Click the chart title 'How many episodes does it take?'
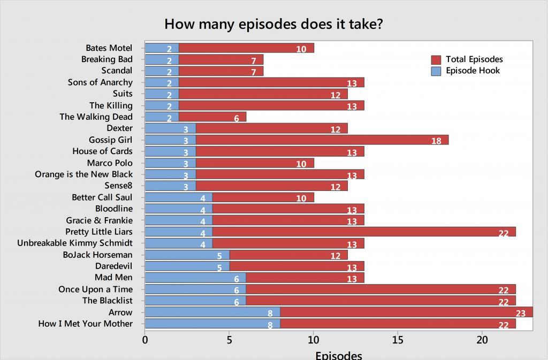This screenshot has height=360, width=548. click(273, 24)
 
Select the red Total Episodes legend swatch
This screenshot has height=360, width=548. click(436, 59)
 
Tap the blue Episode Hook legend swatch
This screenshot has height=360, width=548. click(436, 71)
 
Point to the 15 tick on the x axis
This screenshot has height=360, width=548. click(398, 339)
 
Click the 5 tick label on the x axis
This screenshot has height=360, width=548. click(229, 339)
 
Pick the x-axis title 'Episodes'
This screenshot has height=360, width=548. click(338, 355)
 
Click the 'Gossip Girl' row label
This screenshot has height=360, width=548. click(110, 140)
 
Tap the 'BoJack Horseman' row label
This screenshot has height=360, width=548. click(97, 255)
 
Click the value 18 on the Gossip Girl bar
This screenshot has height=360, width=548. click(436, 141)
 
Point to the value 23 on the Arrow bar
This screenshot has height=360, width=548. click(521, 313)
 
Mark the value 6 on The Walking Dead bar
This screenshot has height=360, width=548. click(237, 118)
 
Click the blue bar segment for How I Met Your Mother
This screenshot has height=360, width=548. click(212, 324)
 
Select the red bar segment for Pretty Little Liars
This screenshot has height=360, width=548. click(364, 232)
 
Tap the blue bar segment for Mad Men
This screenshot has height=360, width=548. click(195, 278)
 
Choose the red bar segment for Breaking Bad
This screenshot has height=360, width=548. click(220, 59)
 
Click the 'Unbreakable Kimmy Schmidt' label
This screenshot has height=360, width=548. click(75, 243)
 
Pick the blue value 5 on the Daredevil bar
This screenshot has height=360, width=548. click(219, 267)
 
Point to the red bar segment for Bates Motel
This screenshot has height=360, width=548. click(246, 48)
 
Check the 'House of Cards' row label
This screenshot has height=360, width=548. click(102, 151)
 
